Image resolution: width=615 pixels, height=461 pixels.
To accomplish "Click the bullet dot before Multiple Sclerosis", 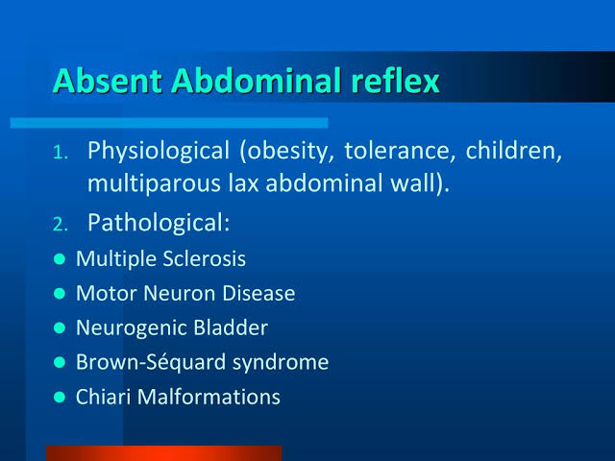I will [x=60, y=259].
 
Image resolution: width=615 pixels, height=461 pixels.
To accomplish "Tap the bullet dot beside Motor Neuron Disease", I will [x=60, y=294].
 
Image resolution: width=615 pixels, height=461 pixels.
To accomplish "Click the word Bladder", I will [x=231, y=328].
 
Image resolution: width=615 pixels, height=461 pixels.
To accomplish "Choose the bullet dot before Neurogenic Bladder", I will [x=60, y=328].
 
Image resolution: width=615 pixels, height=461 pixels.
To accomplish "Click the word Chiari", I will [x=100, y=397].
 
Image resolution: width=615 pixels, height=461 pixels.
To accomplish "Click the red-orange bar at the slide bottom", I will [x=163, y=452].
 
